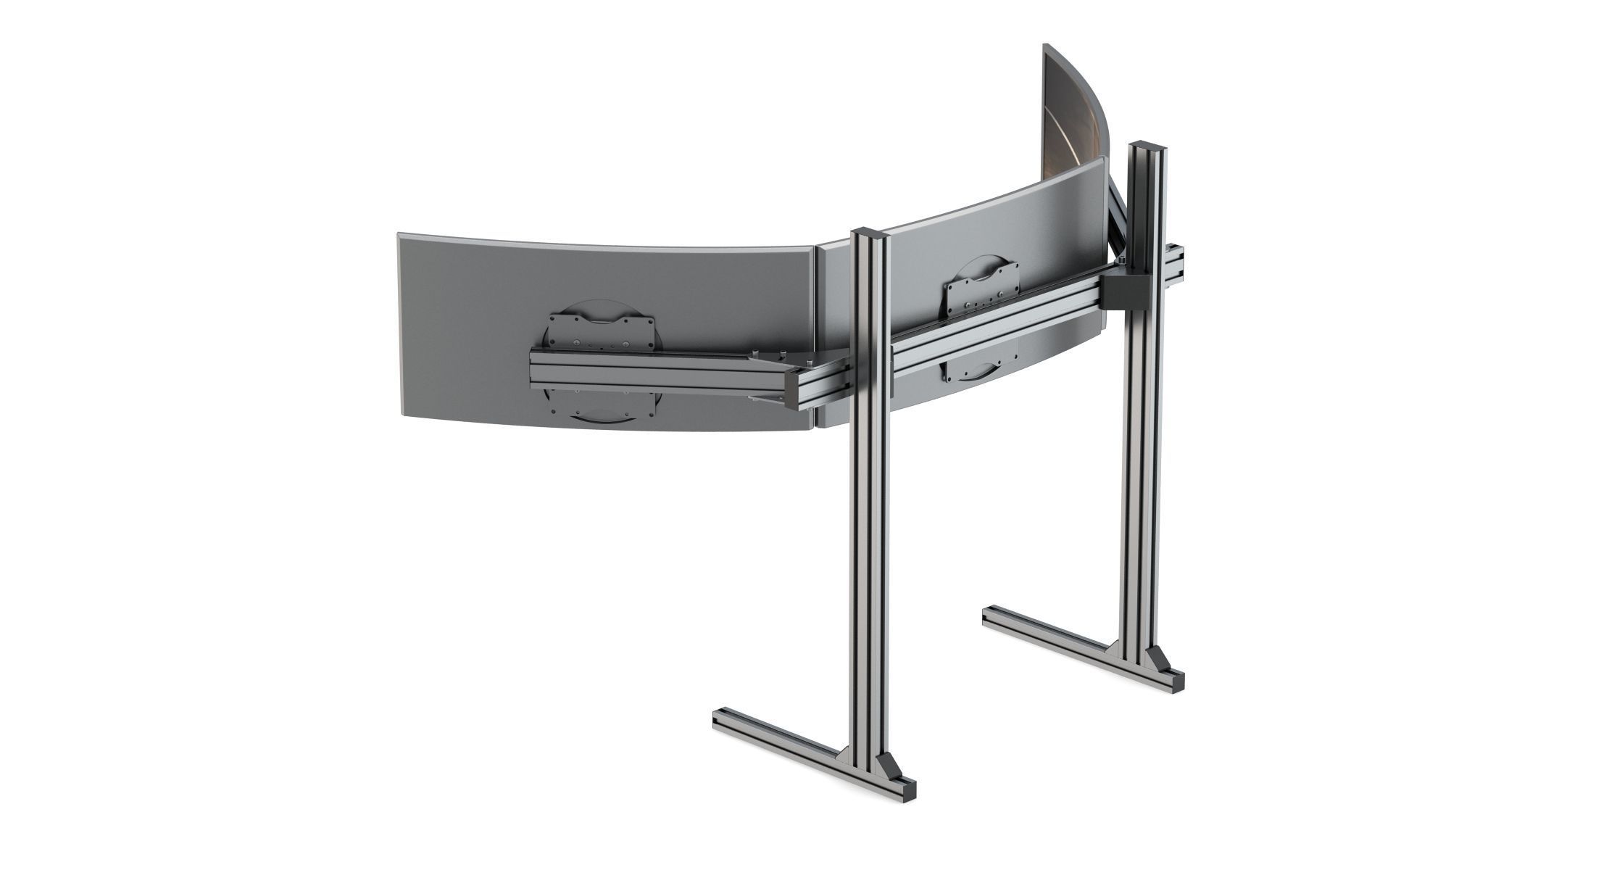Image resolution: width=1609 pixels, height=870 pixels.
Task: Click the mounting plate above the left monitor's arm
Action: (601, 332)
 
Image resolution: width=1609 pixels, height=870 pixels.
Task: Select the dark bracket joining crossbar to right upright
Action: (1123, 290)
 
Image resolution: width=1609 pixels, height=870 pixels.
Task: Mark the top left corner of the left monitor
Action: (399, 236)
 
